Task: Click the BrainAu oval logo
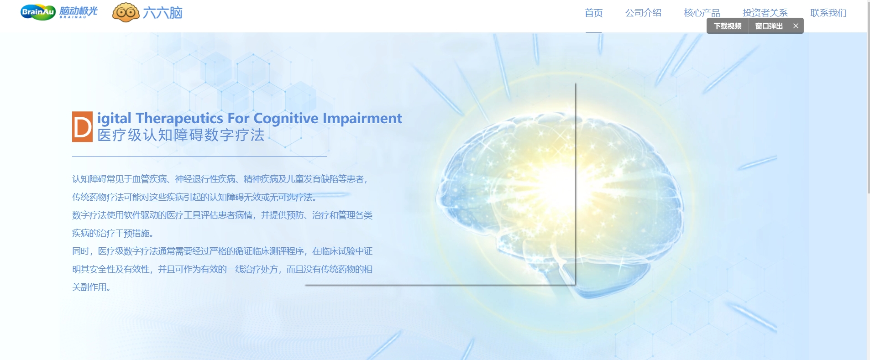click(x=38, y=12)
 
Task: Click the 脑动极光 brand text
click(x=79, y=11)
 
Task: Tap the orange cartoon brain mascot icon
click(x=126, y=12)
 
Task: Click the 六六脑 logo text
click(x=162, y=13)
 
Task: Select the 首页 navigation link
click(x=593, y=13)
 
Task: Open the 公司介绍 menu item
click(x=643, y=13)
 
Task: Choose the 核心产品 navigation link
click(x=702, y=13)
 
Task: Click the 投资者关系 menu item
click(x=765, y=13)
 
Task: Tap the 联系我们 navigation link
click(x=828, y=13)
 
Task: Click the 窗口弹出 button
click(x=769, y=26)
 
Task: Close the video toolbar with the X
click(x=796, y=26)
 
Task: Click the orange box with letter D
click(x=82, y=127)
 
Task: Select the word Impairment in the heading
click(x=362, y=119)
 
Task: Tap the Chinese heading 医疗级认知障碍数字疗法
click(x=181, y=135)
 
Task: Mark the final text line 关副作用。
click(x=91, y=287)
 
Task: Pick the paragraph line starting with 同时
click(x=222, y=251)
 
